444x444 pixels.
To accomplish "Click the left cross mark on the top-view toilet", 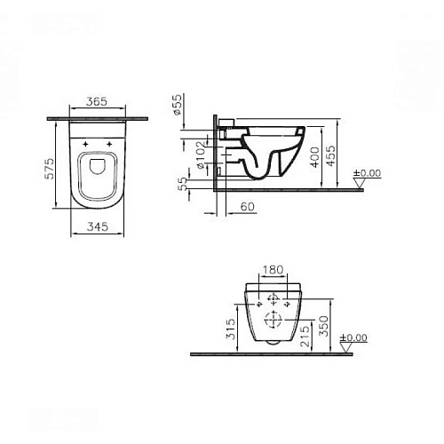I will [85, 142].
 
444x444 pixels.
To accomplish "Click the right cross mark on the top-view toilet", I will [108, 142].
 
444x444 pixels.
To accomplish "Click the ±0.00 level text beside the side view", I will [367, 173].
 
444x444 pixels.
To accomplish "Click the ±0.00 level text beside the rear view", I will [353, 337].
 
